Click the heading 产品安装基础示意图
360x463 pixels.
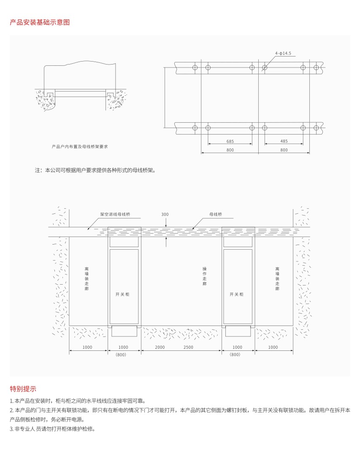click(40, 22)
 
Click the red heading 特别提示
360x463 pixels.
click(23, 389)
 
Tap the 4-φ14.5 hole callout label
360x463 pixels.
click(283, 54)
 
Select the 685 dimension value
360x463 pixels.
click(230, 141)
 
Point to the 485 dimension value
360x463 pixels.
click(284, 141)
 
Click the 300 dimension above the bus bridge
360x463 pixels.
click(165, 214)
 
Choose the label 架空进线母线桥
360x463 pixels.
click(115, 214)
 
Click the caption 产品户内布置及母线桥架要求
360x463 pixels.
click(80, 146)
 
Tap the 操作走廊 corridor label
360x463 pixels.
click(205, 276)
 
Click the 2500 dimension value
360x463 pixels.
click(188, 347)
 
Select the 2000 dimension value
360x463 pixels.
click(160, 347)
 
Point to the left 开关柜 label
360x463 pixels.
click(122, 294)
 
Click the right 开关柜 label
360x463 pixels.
click(236, 294)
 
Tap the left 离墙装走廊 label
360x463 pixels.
click(87, 278)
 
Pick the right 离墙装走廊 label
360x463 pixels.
click(277, 278)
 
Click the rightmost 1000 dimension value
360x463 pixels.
click(273, 347)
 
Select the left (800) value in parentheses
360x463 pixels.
click(121, 355)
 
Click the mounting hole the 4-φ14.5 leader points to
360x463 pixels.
click(265, 67)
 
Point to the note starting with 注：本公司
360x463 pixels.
click(95, 170)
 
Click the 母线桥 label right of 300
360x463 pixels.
click(216, 214)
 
